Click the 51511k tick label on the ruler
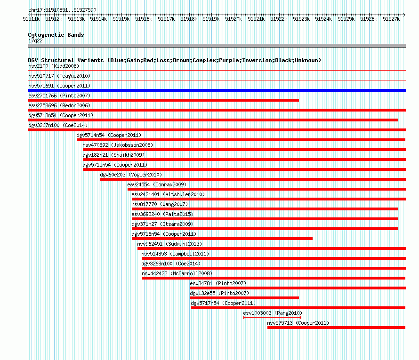31,19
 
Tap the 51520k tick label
234,19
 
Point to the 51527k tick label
391,19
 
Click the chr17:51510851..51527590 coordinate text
62,10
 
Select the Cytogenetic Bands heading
56,35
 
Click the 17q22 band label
35,40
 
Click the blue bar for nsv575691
217,90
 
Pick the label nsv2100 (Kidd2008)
54,66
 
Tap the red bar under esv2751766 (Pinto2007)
163,100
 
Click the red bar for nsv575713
336,328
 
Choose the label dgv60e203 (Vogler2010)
131,175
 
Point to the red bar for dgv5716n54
222,239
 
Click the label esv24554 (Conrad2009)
157,184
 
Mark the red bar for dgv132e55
244,298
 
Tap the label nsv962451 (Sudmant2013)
169,244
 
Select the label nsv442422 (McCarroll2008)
177,273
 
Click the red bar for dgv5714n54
241,140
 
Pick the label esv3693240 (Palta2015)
162,214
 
